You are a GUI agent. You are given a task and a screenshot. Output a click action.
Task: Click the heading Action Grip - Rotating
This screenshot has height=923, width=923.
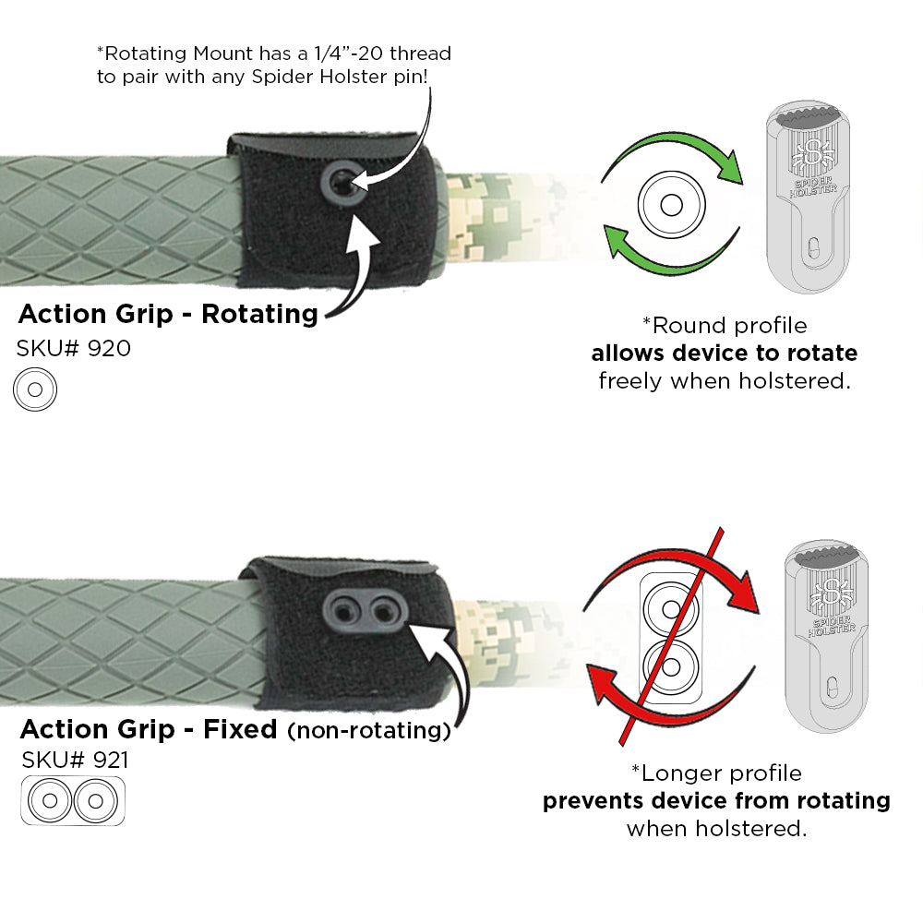coord(168,314)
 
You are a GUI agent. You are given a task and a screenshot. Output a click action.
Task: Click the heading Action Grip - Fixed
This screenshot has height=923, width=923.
coord(149,729)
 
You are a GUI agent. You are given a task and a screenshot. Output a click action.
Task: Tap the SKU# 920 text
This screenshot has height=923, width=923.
coord(74,349)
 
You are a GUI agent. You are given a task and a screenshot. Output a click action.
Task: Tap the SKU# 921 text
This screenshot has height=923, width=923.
coord(76,761)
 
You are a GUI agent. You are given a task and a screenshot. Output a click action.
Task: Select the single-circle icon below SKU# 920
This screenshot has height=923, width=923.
coord(35,390)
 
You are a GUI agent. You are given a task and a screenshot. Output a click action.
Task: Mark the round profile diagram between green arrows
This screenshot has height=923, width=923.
coord(670,203)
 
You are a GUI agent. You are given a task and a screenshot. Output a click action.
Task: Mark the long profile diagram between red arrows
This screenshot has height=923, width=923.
coord(671,636)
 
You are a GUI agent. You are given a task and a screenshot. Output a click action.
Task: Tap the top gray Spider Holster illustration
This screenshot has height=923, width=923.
coord(808,198)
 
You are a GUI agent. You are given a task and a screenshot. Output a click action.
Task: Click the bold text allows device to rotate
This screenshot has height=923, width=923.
coord(724,354)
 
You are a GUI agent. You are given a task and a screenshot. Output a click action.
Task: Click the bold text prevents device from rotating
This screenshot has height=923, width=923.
coord(716,800)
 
